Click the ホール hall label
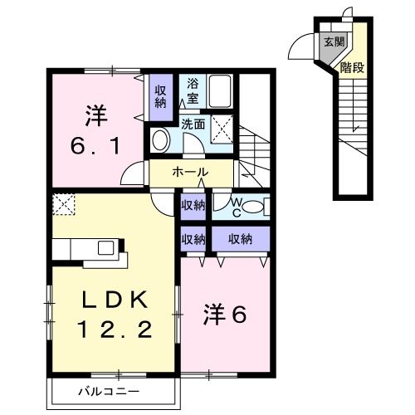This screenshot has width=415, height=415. tap(190, 172)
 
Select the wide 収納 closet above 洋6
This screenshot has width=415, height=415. tap(240, 239)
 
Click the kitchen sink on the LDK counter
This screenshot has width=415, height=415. tap(107, 247)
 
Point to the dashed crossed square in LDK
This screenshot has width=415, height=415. tap(63, 203)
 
